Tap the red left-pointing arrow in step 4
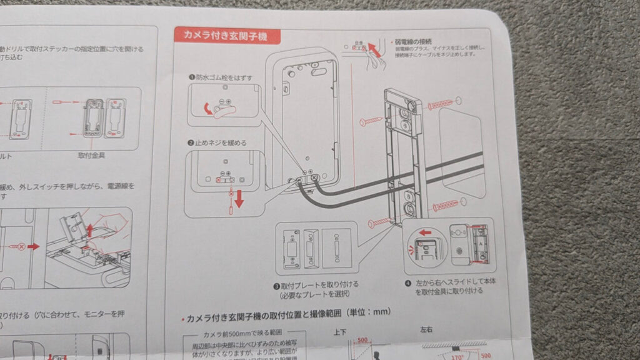point(427,232)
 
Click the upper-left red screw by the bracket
point(369,119)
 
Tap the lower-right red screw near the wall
point(445,204)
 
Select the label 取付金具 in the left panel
point(91,154)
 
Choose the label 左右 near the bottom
point(427,329)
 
